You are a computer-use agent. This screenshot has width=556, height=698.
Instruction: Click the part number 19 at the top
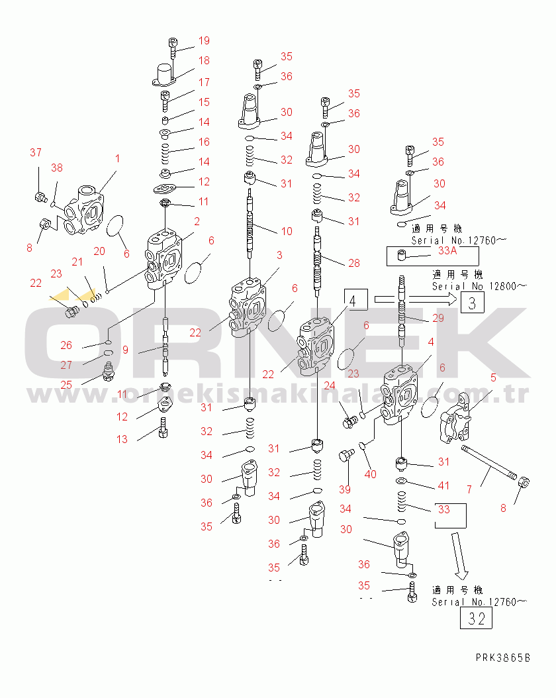[x=203, y=40]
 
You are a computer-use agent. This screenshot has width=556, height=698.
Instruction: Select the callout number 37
[x=35, y=153]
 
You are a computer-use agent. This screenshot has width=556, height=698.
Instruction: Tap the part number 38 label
[x=57, y=168]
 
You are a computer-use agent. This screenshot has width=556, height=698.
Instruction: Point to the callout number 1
[x=117, y=158]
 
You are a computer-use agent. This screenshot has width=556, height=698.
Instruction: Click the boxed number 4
[x=355, y=301]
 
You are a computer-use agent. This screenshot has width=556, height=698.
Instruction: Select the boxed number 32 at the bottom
[x=476, y=618]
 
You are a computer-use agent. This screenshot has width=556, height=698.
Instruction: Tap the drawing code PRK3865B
[x=503, y=658]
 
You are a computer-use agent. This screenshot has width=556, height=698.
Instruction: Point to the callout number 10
[x=286, y=231]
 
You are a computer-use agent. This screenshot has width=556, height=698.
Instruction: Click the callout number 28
[x=354, y=263]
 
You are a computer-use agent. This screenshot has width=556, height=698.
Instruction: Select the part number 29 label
[x=438, y=319]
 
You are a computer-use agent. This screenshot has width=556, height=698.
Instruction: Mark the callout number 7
[x=469, y=489]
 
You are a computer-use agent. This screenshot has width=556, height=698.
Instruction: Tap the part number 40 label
[x=370, y=474]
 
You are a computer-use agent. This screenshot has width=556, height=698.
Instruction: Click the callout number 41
[x=443, y=485]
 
